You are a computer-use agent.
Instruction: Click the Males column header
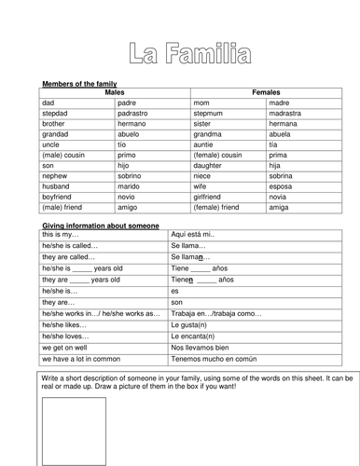click(115, 93)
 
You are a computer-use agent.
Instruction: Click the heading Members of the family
click(79, 84)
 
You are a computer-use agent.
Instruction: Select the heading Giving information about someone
click(100, 226)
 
